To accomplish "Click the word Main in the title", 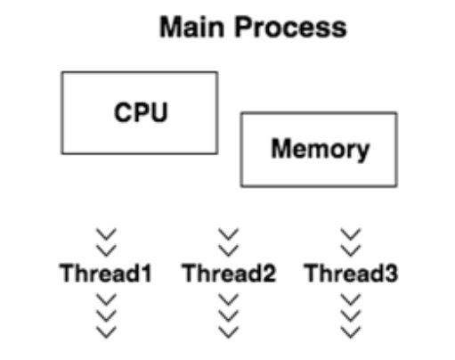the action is (x=191, y=27).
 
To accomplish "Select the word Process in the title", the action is (x=291, y=27).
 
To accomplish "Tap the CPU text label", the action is (x=141, y=112).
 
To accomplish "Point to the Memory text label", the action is (x=321, y=150).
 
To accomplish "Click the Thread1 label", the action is (x=106, y=273).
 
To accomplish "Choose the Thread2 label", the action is (x=229, y=273).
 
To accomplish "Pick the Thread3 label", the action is (x=351, y=273).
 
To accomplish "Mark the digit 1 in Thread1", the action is (x=146, y=274).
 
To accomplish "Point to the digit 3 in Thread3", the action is (x=391, y=274).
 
